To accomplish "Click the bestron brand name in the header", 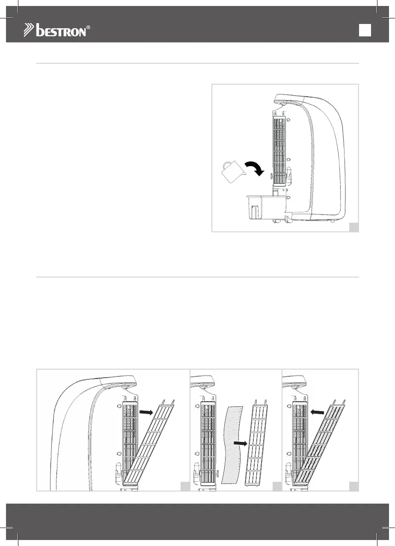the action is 62,31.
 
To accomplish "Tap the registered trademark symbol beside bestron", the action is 89,28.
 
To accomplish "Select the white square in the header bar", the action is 365,30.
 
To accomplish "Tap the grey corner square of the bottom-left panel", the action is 185,486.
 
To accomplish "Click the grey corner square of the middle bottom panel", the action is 277,486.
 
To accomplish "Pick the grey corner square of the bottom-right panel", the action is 353,486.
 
